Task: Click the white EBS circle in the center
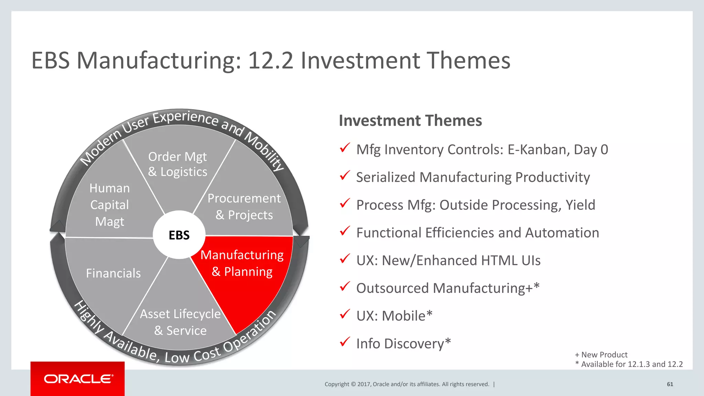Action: tap(179, 235)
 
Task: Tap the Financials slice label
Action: tap(113, 273)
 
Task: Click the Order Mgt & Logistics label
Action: tap(178, 164)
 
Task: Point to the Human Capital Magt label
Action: tap(110, 205)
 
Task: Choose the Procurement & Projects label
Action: tap(244, 207)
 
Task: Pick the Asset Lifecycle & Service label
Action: tap(180, 322)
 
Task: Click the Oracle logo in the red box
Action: tap(78, 379)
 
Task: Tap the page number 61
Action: tap(670, 384)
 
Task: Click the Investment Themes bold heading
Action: tap(410, 121)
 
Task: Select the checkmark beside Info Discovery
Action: tap(345, 342)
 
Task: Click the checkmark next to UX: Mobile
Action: tap(345, 314)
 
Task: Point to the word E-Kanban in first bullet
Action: tap(538, 150)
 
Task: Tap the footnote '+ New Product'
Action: tap(601, 355)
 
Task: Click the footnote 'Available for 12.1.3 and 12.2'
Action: tap(631, 364)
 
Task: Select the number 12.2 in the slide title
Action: tap(271, 60)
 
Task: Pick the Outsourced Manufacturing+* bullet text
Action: tap(448, 288)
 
